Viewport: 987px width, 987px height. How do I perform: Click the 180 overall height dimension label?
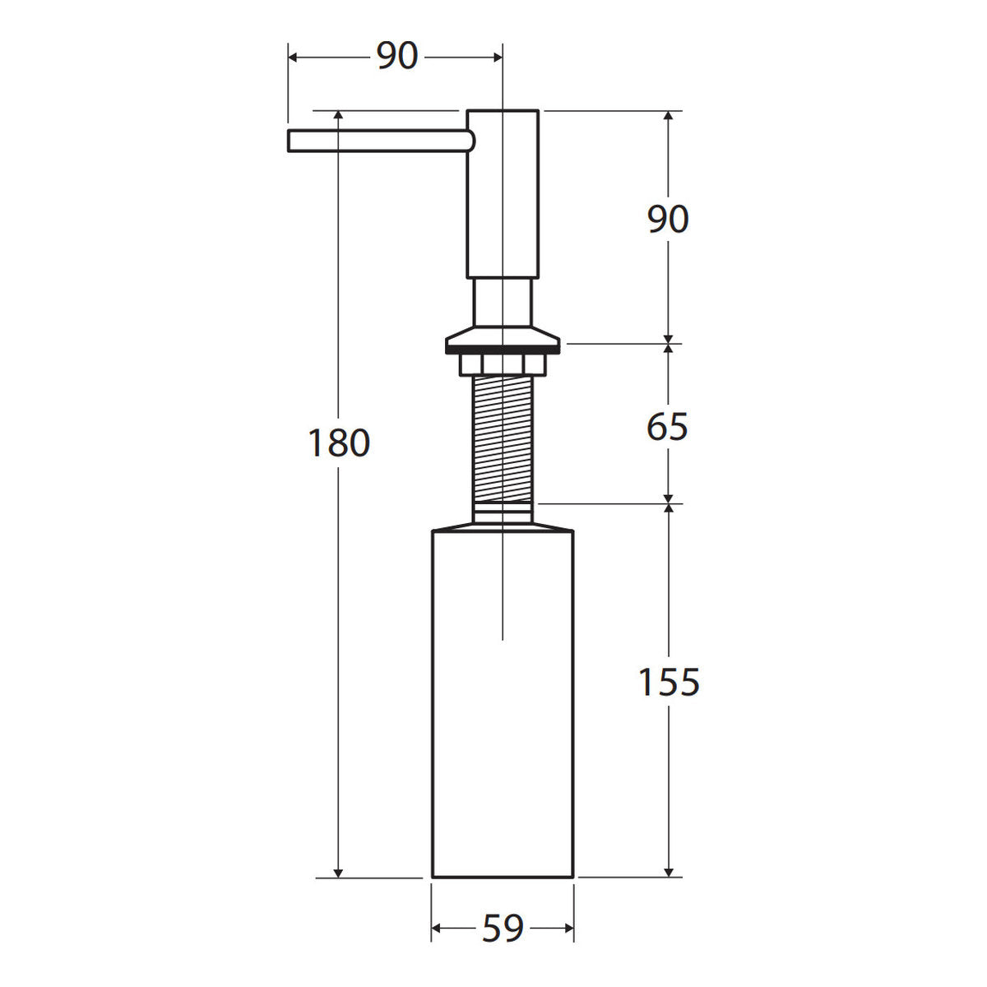tap(339, 443)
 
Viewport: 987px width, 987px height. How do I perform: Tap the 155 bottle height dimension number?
tap(669, 682)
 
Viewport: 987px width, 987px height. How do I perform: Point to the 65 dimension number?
tap(667, 426)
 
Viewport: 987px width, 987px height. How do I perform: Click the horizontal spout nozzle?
tap(381, 141)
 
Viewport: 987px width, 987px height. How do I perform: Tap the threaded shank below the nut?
tap(503, 438)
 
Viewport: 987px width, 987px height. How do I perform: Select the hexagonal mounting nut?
tap(503, 364)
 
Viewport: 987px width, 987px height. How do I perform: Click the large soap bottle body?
tap(503, 706)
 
